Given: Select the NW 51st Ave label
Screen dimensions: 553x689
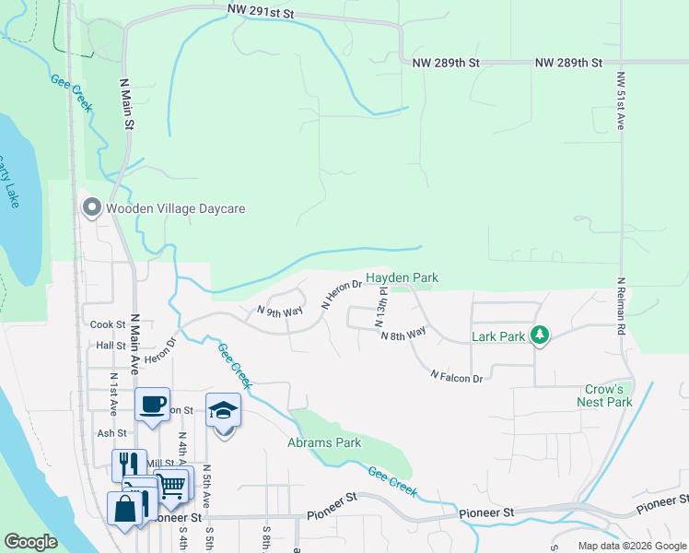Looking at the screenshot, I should tap(620, 100).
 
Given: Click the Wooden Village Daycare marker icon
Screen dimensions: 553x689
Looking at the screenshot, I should tap(91, 208).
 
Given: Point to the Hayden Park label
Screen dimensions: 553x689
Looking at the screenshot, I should tap(402, 277).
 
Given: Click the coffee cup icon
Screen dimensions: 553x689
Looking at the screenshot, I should tap(152, 404).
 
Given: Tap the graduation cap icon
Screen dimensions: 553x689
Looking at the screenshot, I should tap(223, 410).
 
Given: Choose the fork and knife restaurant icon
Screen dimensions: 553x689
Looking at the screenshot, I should tap(130, 465).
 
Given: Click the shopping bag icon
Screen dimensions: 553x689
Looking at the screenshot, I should tap(124, 508).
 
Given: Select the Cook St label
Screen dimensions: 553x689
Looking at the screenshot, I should tap(108, 324).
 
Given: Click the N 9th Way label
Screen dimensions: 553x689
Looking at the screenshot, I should tap(280, 312).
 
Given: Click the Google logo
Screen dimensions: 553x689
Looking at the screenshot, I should tap(30, 542).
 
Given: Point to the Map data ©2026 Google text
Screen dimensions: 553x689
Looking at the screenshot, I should tap(632, 546).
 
